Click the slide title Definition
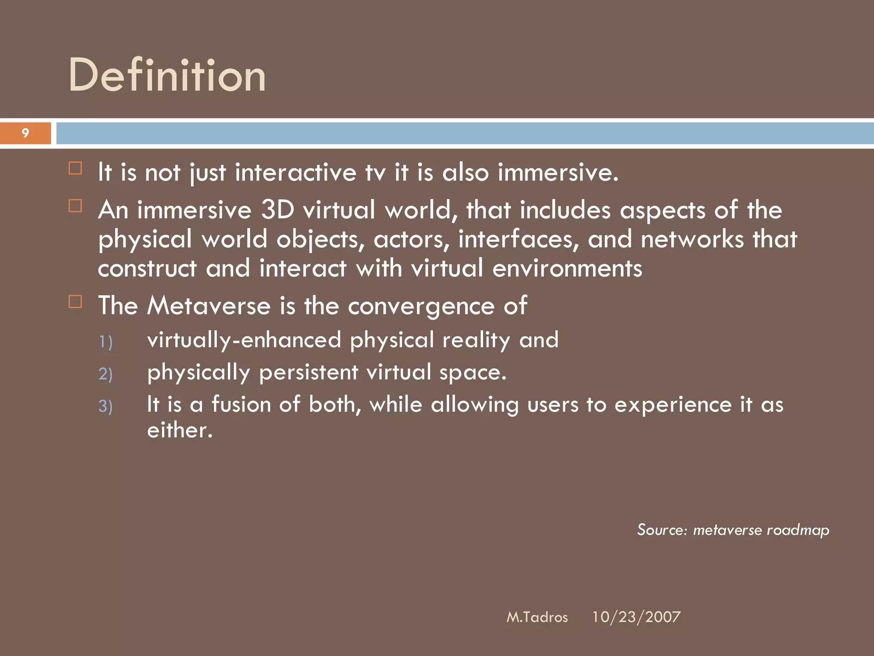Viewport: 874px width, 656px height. point(167,76)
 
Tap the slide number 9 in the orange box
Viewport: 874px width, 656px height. point(26,133)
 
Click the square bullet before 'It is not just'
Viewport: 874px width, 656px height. point(76,168)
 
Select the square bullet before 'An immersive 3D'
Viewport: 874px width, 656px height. point(76,206)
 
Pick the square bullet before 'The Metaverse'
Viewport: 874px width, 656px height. point(76,302)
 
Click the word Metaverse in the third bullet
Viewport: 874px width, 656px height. point(209,306)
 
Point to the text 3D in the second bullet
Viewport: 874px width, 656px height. point(277,210)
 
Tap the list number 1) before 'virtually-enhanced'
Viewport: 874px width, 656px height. point(105,342)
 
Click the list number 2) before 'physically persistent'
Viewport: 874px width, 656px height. point(105,374)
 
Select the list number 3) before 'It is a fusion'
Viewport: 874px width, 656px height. point(105,406)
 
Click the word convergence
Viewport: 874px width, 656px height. point(421,307)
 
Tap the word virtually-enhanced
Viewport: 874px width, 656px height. point(244,340)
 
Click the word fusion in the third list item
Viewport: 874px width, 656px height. point(241,404)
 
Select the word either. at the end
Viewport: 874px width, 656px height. point(180,430)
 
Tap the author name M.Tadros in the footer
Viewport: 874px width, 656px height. point(537,617)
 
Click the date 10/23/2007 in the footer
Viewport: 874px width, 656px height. point(636,617)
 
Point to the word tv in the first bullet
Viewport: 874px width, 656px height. point(375,173)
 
